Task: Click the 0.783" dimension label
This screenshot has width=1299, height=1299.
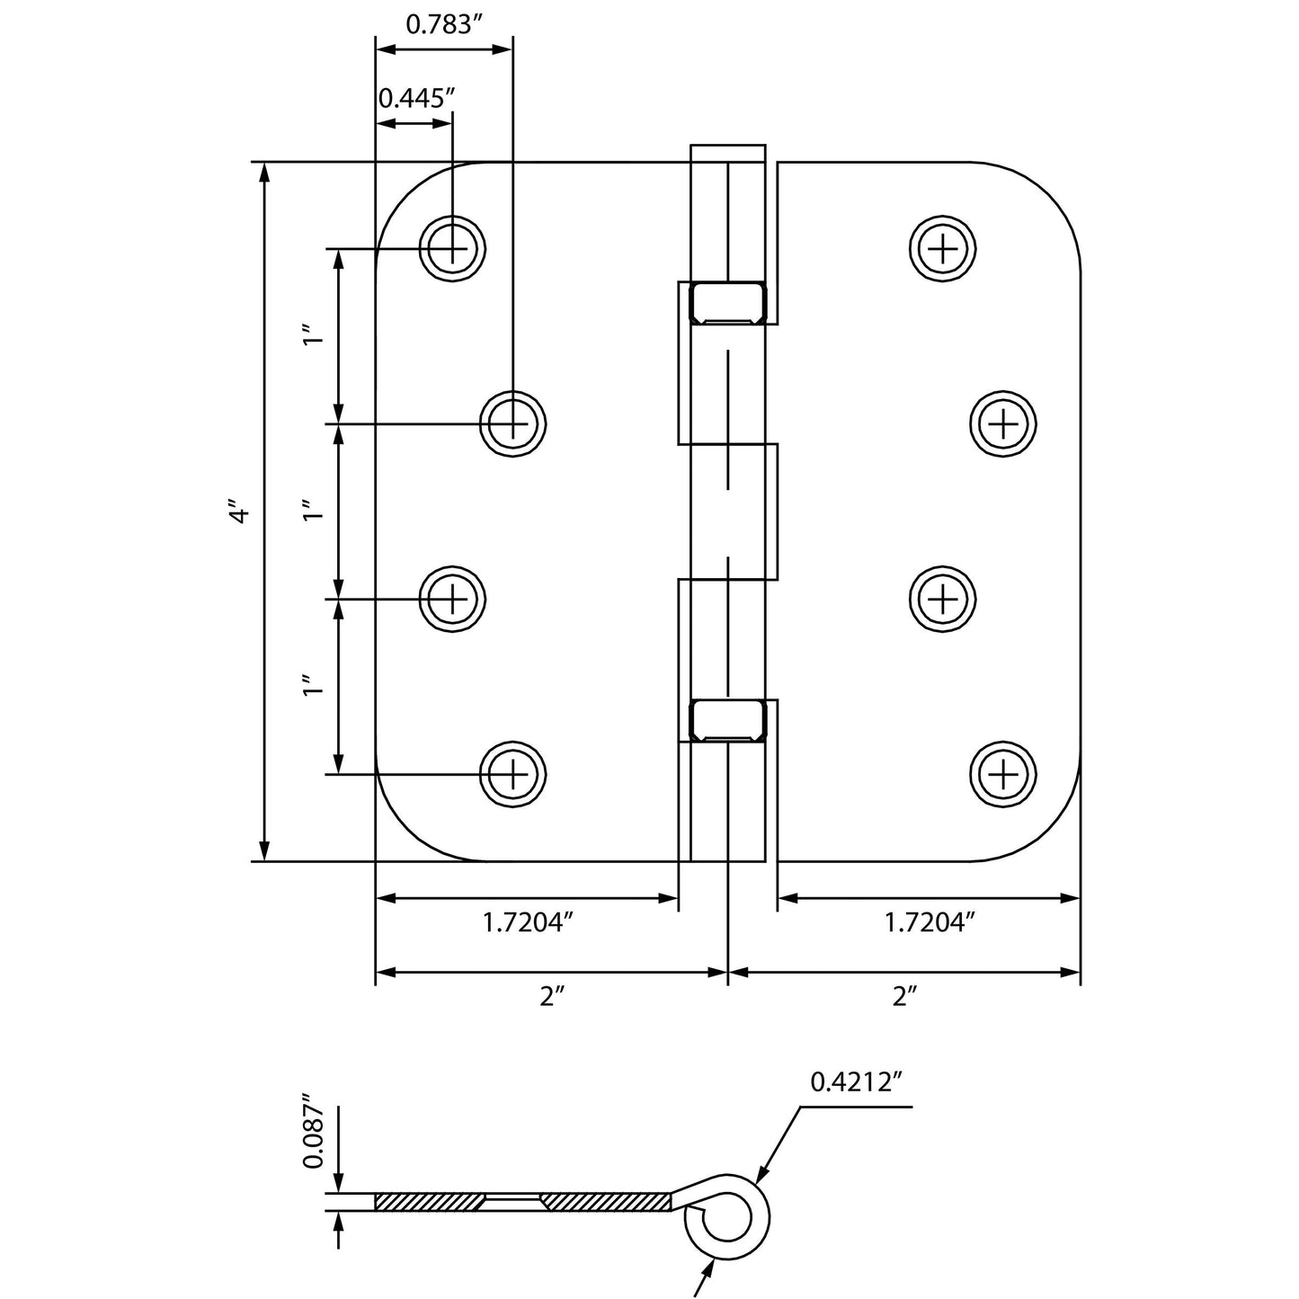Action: (x=439, y=24)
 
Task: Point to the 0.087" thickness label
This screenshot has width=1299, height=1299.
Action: (x=313, y=1131)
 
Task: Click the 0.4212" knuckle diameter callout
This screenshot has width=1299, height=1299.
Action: (x=855, y=1082)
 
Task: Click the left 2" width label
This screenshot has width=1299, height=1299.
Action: (x=551, y=996)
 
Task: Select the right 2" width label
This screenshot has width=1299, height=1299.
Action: (x=904, y=996)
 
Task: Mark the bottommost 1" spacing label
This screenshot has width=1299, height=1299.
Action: (x=312, y=689)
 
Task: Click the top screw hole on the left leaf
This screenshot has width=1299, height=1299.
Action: (x=452, y=248)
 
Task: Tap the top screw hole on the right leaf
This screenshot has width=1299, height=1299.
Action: (x=942, y=248)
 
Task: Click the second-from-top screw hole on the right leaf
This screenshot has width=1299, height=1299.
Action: (x=1003, y=423)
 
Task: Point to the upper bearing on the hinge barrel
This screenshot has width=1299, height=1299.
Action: (x=726, y=302)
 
